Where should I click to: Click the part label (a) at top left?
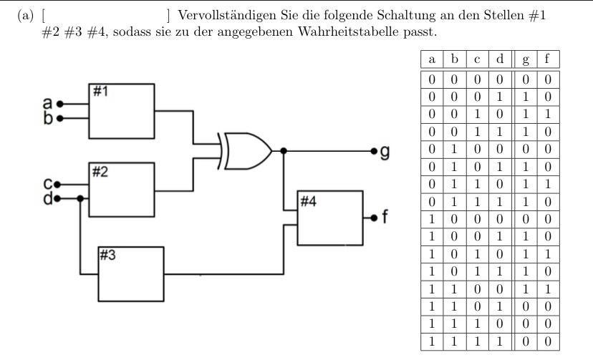point(25,16)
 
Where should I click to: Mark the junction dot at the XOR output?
point(284,151)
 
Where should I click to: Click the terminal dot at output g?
point(373,151)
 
